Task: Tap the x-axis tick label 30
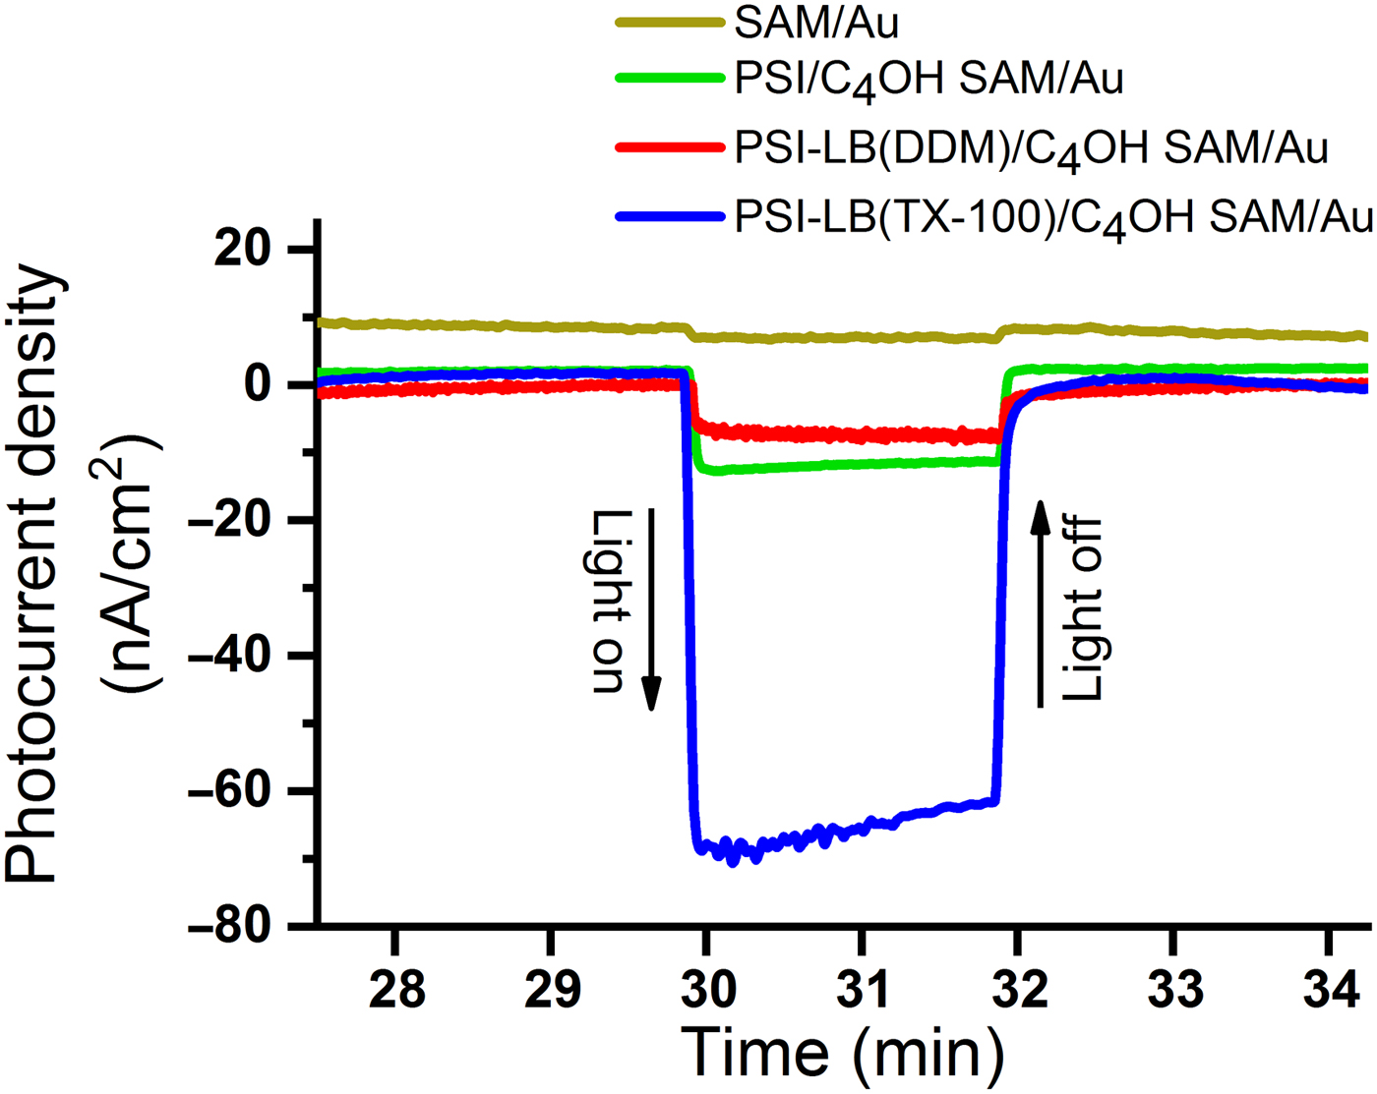click(707, 989)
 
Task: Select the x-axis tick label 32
click(1018, 989)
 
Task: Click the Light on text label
click(611, 602)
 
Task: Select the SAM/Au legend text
click(816, 23)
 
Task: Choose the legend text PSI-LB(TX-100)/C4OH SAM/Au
click(1053, 218)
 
